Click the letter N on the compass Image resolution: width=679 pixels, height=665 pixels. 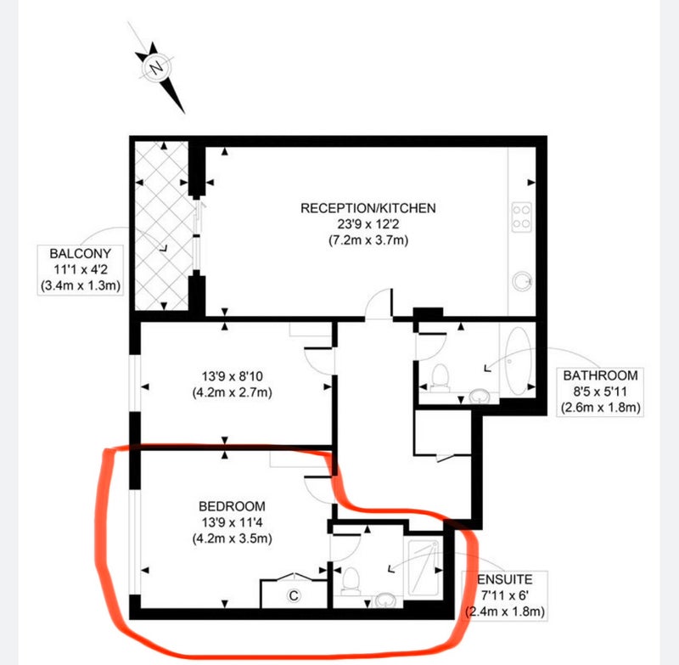click(x=156, y=68)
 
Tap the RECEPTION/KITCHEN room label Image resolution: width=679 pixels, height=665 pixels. click(x=368, y=208)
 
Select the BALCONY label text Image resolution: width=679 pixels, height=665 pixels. click(x=81, y=253)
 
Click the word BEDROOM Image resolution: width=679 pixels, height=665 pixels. click(x=232, y=506)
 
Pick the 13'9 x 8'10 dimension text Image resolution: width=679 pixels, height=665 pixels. click(x=233, y=376)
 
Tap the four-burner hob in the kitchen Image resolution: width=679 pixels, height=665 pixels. click(x=521, y=217)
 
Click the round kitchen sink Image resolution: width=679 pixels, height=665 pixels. click(x=522, y=282)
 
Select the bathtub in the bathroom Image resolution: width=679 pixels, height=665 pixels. click(x=518, y=361)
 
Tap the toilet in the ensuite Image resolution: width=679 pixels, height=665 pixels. click(x=351, y=581)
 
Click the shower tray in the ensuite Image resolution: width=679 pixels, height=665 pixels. click(x=423, y=568)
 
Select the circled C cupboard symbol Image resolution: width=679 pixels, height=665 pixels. click(x=294, y=595)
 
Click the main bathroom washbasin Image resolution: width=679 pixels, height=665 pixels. click(x=480, y=396)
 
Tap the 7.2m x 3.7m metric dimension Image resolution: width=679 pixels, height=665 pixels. click(x=368, y=240)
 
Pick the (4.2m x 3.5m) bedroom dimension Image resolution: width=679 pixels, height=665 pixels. click(x=232, y=538)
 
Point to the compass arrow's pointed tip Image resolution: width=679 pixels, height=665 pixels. click(x=184, y=114)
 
